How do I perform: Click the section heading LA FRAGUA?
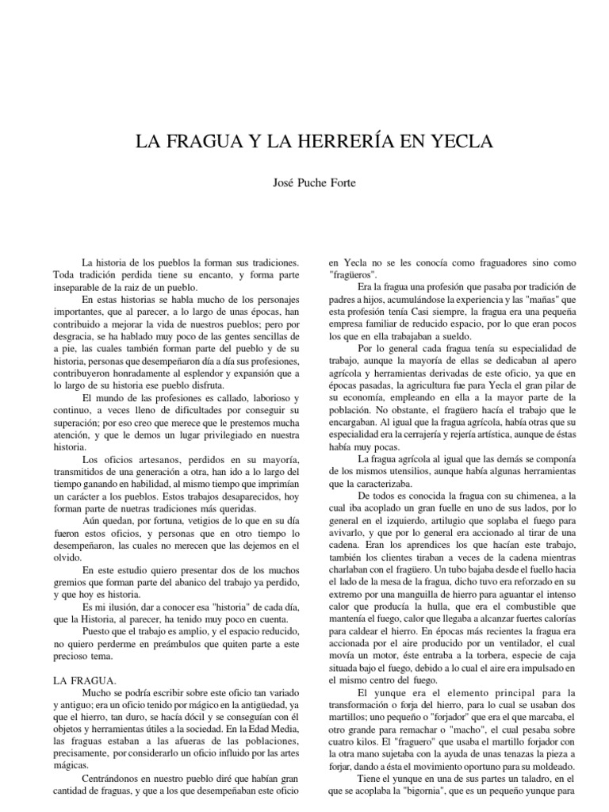click(x=85, y=680)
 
